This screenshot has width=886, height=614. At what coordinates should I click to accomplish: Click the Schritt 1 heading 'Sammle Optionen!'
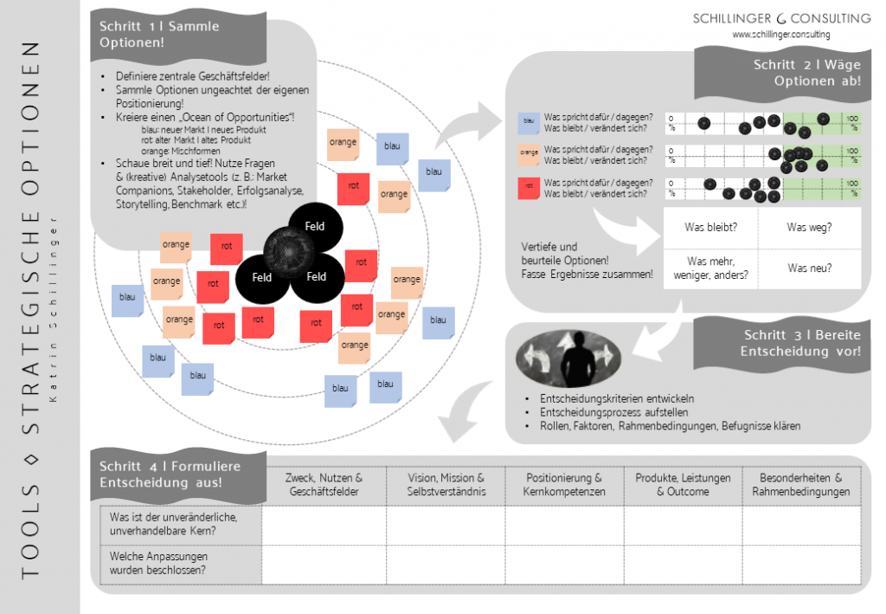pyautogui.click(x=159, y=34)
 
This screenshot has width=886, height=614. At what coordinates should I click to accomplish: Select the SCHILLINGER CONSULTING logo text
pyautogui.click(x=781, y=18)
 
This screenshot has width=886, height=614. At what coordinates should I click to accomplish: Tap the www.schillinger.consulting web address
pyautogui.click(x=780, y=35)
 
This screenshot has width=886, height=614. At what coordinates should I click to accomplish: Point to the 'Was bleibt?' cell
pyautogui.click(x=710, y=228)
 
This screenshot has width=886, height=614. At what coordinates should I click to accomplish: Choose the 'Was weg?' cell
pyautogui.click(x=809, y=228)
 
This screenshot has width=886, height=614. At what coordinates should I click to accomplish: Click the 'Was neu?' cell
pyautogui.click(x=809, y=268)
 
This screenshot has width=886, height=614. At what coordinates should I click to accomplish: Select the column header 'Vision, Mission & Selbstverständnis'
pyautogui.click(x=446, y=484)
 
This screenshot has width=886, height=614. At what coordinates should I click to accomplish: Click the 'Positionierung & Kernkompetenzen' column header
pyautogui.click(x=563, y=484)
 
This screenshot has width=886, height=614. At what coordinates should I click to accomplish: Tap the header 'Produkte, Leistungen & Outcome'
pyautogui.click(x=683, y=484)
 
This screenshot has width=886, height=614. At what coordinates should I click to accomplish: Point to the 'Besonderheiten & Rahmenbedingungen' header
pyautogui.click(x=800, y=484)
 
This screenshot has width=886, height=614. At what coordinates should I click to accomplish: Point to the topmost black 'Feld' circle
pyautogui.click(x=315, y=226)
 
